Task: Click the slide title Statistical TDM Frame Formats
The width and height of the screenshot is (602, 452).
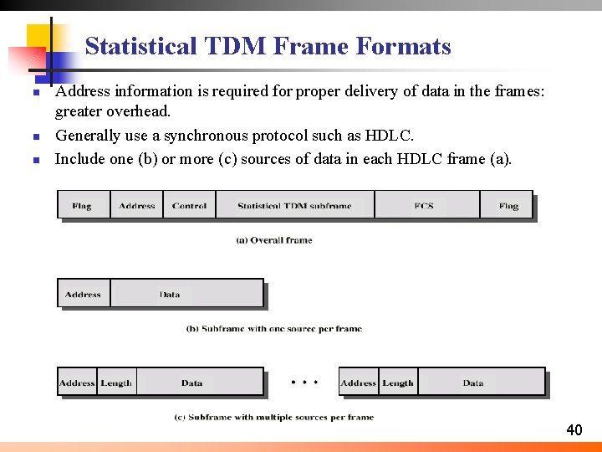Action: [268, 46]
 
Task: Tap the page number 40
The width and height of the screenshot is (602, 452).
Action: [574, 430]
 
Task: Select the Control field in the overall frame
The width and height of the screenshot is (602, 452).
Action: [189, 206]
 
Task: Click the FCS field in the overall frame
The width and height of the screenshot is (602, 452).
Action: [425, 206]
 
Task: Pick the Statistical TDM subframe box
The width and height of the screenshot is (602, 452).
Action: [294, 206]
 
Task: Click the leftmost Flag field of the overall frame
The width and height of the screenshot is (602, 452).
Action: [82, 206]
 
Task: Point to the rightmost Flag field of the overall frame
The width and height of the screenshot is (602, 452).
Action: [508, 206]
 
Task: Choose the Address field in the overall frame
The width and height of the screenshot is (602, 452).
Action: [137, 206]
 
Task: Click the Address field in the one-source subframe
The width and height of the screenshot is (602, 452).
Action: [83, 295]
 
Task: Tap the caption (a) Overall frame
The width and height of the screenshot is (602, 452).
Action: [274, 240]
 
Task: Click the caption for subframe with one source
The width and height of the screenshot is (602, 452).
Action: [274, 329]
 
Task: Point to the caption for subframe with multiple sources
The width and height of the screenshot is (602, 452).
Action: [274, 417]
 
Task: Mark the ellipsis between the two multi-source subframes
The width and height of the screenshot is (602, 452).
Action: [304, 383]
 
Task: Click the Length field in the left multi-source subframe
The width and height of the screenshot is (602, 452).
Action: [116, 383]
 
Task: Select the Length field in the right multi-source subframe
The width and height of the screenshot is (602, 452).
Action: [398, 383]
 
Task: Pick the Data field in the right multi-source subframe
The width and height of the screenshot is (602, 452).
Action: [473, 383]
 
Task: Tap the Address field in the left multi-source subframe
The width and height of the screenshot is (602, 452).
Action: [77, 383]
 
